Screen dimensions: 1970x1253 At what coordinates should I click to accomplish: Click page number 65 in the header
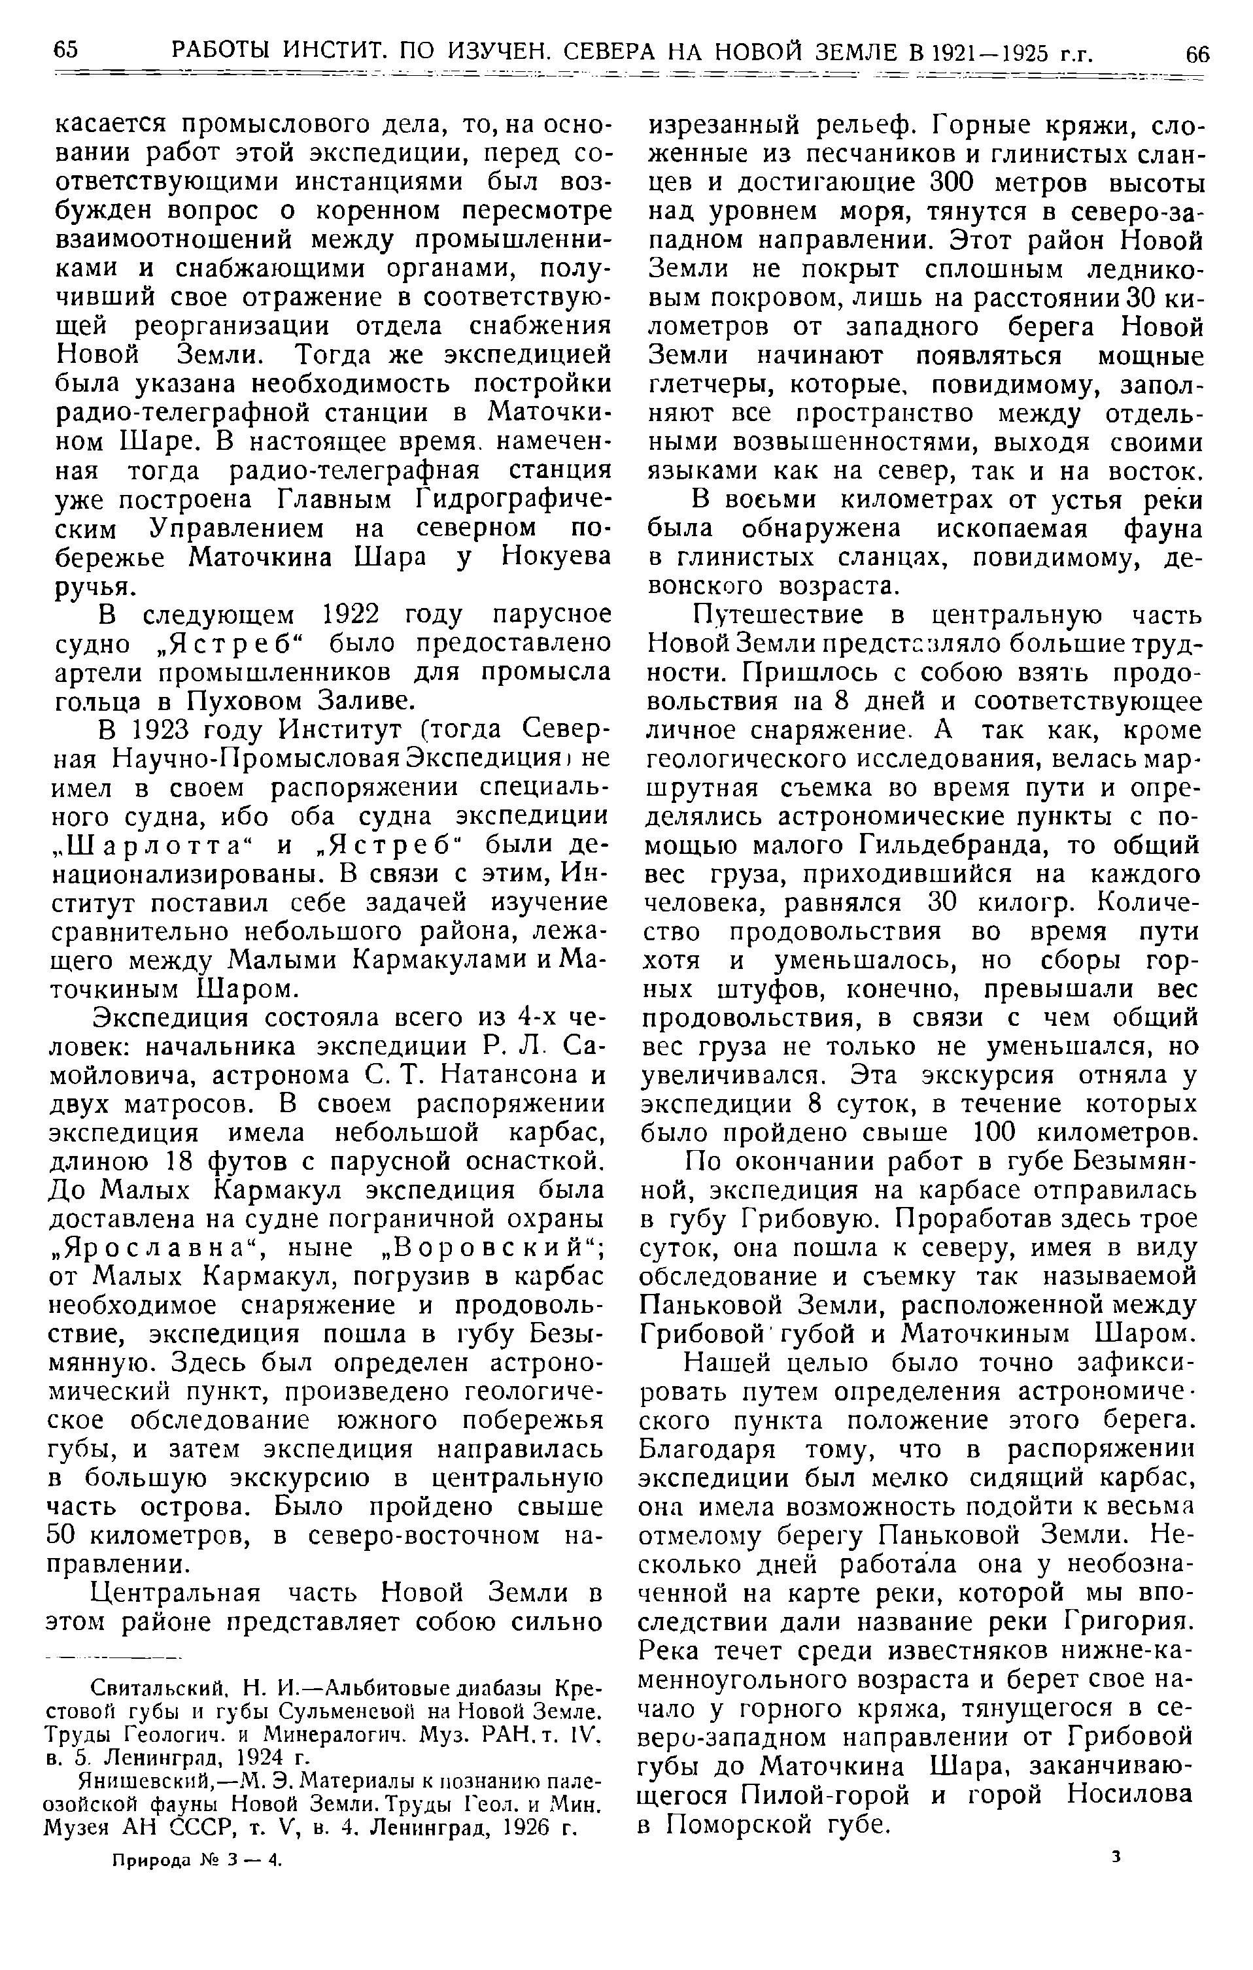point(65,51)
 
